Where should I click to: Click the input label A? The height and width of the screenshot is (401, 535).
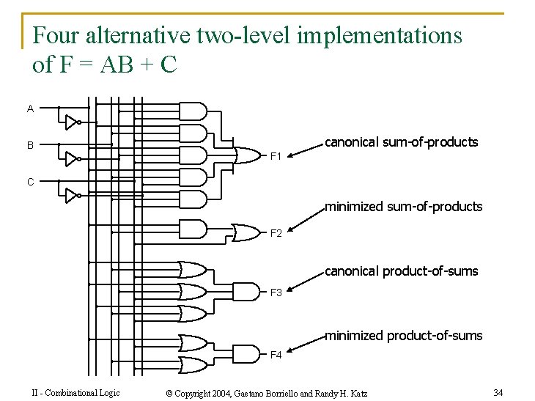point(30,108)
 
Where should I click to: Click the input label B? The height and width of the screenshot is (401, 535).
point(30,145)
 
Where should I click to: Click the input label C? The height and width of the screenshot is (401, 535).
point(30,182)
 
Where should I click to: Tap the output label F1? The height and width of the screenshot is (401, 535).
point(276,156)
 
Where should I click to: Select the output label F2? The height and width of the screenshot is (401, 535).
point(276,234)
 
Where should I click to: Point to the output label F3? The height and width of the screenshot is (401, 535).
point(276,293)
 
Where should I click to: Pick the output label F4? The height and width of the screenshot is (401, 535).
point(276,356)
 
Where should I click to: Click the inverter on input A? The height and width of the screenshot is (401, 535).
point(71,122)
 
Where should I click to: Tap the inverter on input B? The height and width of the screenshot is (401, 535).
point(71,158)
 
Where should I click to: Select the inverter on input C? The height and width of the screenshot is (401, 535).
point(71,195)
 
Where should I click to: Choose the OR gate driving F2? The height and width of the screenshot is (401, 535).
point(244,232)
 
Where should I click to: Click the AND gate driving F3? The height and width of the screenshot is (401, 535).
point(242,293)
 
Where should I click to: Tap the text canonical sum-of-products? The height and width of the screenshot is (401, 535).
point(401,142)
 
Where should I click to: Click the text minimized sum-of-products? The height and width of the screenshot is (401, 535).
point(403,207)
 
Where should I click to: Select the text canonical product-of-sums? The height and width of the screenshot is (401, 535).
point(401,271)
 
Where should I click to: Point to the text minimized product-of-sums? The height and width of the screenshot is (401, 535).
point(403,336)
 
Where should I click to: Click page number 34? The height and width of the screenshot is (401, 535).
point(498,392)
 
